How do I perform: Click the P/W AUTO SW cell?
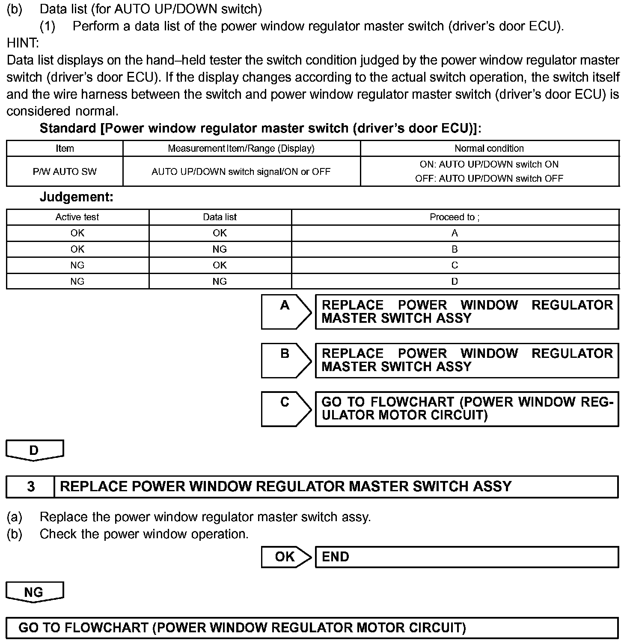click(x=65, y=171)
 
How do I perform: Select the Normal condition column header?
click(x=489, y=148)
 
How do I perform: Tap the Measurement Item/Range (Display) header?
click(x=241, y=148)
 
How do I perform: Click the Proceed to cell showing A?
click(x=455, y=233)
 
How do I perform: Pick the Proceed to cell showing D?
click(x=455, y=281)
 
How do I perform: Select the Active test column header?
click(x=77, y=217)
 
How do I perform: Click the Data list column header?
click(x=220, y=217)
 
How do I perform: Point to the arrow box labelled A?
click(x=286, y=311)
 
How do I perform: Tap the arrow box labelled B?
click(x=286, y=360)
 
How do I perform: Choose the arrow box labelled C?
click(x=286, y=408)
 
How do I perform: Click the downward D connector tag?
click(x=34, y=450)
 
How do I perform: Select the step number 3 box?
click(x=31, y=487)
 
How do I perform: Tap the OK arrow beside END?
click(x=286, y=557)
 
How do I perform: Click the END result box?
click(x=467, y=557)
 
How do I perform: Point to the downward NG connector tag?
click(x=34, y=592)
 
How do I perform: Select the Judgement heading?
click(x=77, y=197)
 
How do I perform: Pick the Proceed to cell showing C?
click(x=455, y=265)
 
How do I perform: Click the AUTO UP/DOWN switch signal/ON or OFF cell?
click(x=241, y=171)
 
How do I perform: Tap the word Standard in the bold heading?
click(x=68, y=128)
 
